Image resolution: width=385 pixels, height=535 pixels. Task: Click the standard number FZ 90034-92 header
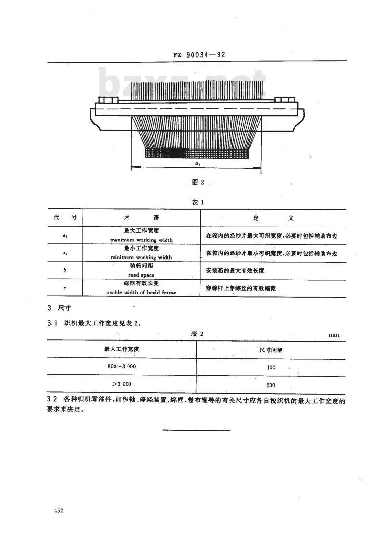pos(199,54)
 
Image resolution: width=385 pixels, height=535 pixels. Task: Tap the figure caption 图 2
pos(198,182)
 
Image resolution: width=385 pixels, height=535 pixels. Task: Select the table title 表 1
pos(198,202)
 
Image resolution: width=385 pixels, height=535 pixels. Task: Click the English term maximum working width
pos(141,240)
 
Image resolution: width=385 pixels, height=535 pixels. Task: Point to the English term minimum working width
pos(141,257)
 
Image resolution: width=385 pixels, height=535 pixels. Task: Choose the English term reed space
pos(141,275)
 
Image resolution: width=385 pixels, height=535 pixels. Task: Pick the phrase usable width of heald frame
pos(141,293)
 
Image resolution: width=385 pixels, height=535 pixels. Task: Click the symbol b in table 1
pos(65,270)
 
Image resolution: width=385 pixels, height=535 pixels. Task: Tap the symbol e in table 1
pos(65,288)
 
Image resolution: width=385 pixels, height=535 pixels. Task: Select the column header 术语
pos(141,218)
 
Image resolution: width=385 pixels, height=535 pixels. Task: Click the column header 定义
pos(273,218)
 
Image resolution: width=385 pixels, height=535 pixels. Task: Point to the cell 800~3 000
pos(122,366)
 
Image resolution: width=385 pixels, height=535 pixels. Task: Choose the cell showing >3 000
pos(122,384)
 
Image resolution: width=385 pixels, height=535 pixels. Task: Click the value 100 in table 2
pos(271,367)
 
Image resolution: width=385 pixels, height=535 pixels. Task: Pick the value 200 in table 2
pos(271,385)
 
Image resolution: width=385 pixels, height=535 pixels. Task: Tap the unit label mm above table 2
pos(334,335)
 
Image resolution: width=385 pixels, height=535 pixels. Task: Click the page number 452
pos(58,511)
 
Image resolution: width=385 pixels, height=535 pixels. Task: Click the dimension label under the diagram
pos(198,164)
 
